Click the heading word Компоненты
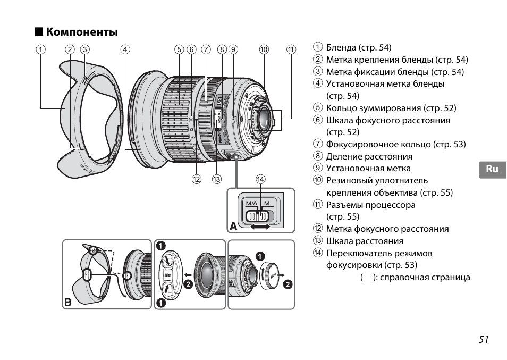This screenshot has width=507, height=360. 82,32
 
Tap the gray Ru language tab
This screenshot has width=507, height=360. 493,169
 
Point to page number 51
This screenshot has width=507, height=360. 484,339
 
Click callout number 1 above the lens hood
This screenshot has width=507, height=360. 40,49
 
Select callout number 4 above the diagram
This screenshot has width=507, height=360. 125,49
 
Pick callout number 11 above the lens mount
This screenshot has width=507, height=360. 291,49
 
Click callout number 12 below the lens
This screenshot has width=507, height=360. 197,179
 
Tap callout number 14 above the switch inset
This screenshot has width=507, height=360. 260,179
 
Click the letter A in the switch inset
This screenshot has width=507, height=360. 233,226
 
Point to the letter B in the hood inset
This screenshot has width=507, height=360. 68,302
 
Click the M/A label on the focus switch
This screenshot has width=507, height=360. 251,203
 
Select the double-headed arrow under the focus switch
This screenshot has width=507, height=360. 260,227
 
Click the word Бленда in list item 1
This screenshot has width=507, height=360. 341,47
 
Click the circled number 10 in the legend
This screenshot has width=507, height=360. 318,180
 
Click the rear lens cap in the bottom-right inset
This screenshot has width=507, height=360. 269,276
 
